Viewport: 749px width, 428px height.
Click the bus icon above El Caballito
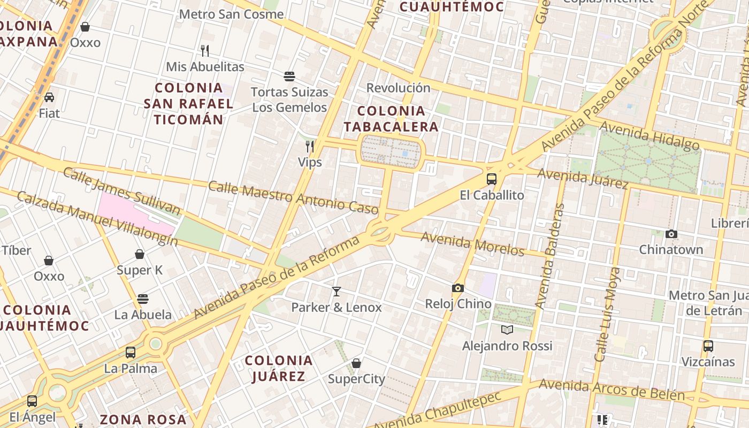492,179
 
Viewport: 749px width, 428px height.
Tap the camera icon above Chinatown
671,234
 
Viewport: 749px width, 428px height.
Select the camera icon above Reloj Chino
457,288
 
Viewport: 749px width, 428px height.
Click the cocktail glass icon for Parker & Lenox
336,292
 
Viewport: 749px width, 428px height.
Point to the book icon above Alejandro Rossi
507,330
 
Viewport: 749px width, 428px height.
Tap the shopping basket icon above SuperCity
356,364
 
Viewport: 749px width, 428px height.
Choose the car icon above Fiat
49,97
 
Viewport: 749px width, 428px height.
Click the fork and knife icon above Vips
309,146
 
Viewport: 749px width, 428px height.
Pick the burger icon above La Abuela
142,299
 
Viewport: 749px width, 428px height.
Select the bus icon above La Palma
131,353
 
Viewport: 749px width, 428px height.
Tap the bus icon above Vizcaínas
708,346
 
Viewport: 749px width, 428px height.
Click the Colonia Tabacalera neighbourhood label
391,119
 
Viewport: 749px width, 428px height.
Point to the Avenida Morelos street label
472,243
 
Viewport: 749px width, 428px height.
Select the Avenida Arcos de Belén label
612,390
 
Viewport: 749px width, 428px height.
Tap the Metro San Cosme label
231,14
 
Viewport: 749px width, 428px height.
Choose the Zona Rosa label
143,419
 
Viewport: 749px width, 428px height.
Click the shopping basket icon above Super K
140,254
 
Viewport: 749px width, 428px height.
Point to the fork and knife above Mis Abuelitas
205,51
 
